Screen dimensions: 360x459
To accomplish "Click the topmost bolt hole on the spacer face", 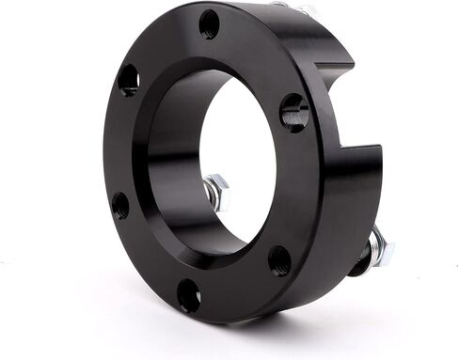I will click(x=209, y=23).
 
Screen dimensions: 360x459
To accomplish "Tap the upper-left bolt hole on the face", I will click(x=129, y=80).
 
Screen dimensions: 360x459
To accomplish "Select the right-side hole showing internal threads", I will click(x=293, y=112).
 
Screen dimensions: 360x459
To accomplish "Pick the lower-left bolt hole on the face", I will click(x=120, y=204).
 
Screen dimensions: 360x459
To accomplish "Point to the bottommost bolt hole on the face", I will click(x=188, y=295).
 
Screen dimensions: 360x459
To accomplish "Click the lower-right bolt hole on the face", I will click(x=279, y=259).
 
